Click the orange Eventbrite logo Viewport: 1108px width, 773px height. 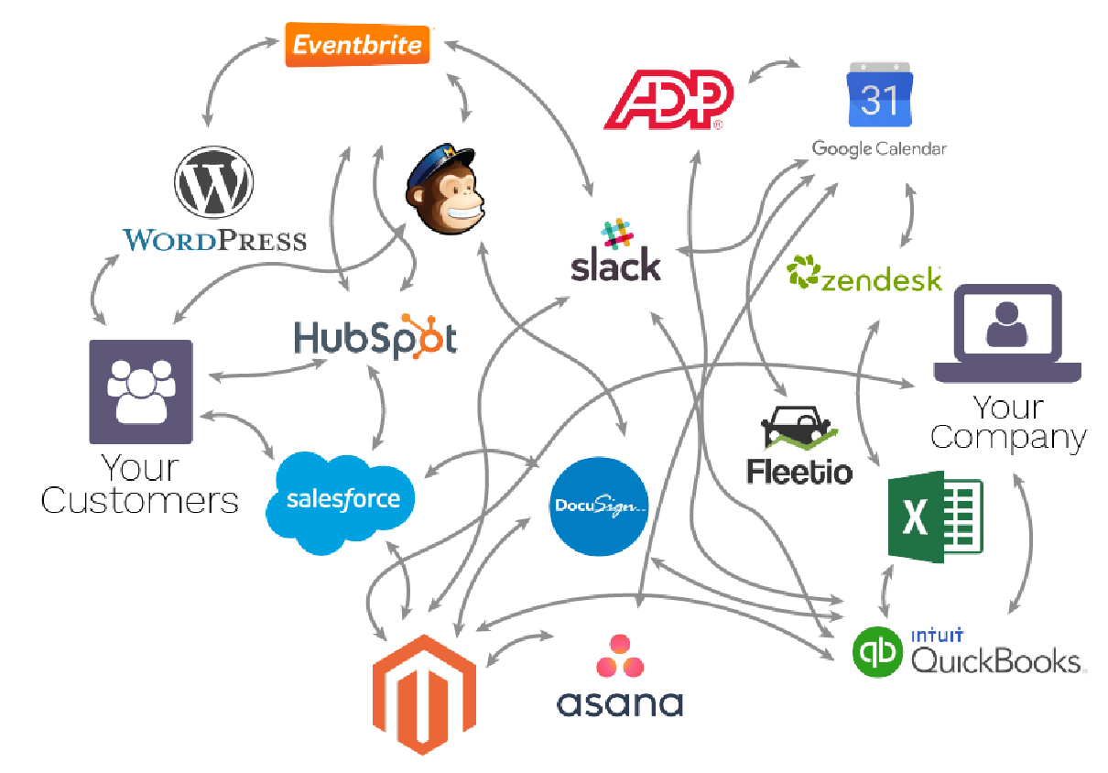pyautogui.click(x=357, y=45)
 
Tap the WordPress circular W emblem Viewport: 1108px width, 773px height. pyautogui.click(x=213, y=181)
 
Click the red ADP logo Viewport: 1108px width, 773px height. pyautogui.click(x=668, y=100)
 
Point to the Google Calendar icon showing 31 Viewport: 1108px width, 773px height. pyautogui.click(x=880, y=94)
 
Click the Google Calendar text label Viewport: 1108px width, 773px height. pyautogui.click(x=879, y=148)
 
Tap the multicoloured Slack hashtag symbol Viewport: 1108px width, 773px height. pyautogui.click(x=617, y=234)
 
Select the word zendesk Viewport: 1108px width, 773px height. pyautogui.click(x=881, y=279)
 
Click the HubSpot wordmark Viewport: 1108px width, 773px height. pyautogui.click(x=375, y=337)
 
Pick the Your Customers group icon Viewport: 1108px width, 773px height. pyautogui.click(x=140, y=391)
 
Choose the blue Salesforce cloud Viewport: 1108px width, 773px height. pyautogui.click(x=341, y=502)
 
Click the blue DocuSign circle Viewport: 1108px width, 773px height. pyautogui.click(x=599, y=506)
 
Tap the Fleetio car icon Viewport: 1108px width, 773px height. pyautogui.click(x=798, y=429)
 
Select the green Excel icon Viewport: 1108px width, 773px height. pyautogui.click(x=935, y=517)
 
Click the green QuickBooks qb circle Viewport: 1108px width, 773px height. pyautogui.click(x=878, y=652)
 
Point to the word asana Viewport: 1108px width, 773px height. pyautogui.click(x=620, y=702)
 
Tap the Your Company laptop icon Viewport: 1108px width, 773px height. pyautogui.click(x=1007, y=333)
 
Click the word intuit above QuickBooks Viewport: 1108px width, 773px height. pyautogui.click(x=938, y=635)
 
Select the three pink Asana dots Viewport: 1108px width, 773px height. pyautogui.click(x=620, y=656)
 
